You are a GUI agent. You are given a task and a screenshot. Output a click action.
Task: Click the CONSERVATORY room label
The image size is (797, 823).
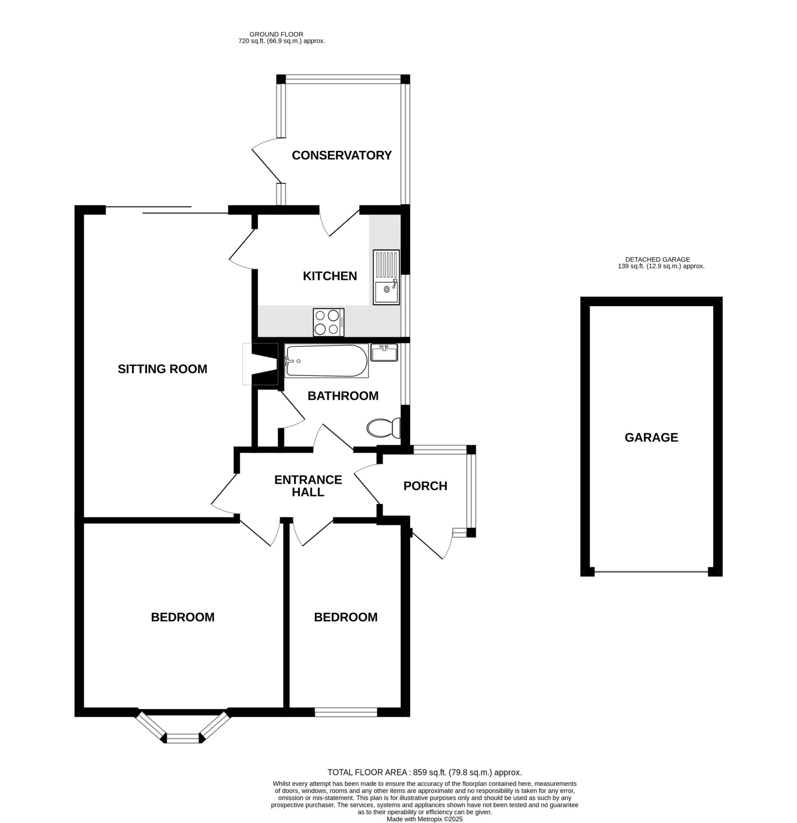click(x=341, y=156)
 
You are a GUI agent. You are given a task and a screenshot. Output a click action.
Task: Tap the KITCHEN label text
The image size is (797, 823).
click(x=330, y=276)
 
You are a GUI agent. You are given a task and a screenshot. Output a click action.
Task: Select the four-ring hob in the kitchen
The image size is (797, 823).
click(x=328, y=322)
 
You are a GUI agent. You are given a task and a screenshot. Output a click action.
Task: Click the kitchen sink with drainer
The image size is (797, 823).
click(x=386, y=277)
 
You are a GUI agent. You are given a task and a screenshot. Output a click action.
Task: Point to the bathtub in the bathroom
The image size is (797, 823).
click(x=326, y=361)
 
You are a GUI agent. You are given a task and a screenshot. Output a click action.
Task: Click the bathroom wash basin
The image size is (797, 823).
click(x=384, y=353)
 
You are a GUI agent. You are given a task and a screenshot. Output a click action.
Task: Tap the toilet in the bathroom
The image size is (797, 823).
click(x=383, y=428)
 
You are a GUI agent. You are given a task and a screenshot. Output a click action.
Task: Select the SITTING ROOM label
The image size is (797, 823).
click(x=162, y=369)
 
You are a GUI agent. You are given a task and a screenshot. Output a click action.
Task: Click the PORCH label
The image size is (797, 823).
click(x=425, y=486)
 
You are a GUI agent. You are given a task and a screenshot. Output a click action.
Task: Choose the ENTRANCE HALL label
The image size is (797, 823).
click(x=308, y=486)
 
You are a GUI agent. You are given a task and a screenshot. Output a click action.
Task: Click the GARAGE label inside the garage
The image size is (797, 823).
click(x=651, y=438)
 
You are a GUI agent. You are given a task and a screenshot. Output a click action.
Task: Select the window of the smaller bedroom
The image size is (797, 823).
click(x=346, y=712)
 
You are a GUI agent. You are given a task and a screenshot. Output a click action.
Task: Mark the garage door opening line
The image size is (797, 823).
click(x=651, y=571)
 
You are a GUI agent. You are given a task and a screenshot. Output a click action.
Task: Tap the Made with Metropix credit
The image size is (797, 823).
click(x=424, y=819)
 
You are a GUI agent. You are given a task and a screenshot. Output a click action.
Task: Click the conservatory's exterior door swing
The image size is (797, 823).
click(x=266, y=161)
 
